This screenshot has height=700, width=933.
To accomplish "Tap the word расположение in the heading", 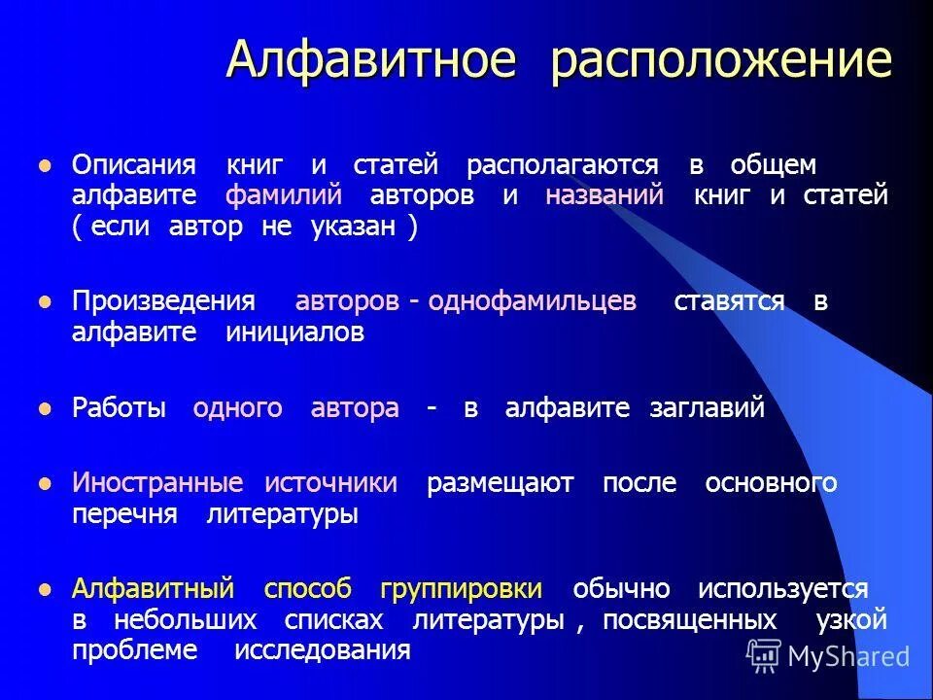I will [x=720, y=60].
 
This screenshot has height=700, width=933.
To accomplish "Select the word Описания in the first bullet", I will [x=134, y=164].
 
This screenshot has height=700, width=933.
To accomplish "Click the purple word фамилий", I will [x=284, y=195].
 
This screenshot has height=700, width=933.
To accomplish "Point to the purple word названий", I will [x=605, y=195].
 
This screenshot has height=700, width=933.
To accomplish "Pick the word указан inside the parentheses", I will [x=353, y=227].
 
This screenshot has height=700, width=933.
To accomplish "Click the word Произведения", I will [x=163, y=301].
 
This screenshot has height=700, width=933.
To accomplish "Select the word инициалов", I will [x=295, y=332].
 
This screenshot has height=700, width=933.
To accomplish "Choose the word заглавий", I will [x=707, y=408].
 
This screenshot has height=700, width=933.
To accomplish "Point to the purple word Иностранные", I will [x=157, y=483].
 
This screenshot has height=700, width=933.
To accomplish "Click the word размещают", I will [x=501, y=483].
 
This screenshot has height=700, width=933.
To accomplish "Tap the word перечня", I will [x=124, y=514].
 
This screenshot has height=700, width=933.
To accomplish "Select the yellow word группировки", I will [x=462, y=589].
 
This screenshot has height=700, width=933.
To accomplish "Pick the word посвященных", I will [x=689, y=619].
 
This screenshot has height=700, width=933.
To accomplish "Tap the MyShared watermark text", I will [x=847, y=656].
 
